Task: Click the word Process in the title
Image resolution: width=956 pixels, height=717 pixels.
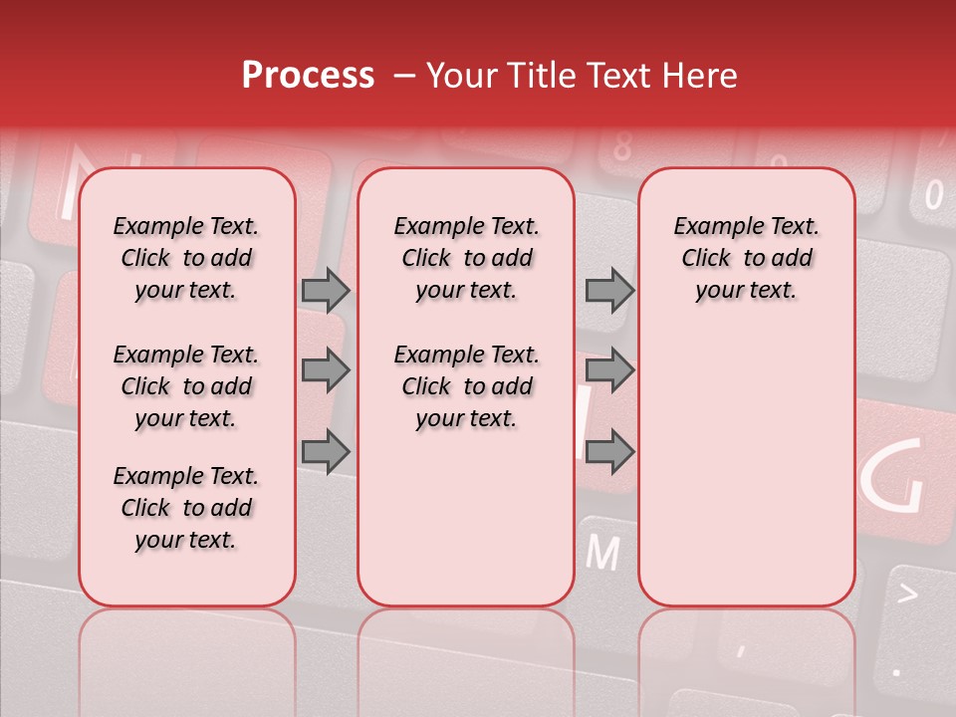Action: pos(307,76)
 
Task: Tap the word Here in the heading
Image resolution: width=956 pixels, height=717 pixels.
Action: pos(699,76)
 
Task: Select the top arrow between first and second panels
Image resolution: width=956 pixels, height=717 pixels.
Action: pos(326,291)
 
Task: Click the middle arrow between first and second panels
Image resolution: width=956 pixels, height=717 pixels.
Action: pos(326,371)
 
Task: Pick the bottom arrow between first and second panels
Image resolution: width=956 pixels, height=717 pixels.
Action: pos(326,451)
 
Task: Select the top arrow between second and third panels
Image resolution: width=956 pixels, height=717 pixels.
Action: pos(609,291)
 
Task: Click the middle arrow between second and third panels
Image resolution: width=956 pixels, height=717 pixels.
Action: pos(609,371)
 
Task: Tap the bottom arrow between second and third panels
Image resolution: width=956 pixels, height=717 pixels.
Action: pos(609,451)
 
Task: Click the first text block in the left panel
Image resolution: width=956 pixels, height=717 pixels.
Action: pos(186,258)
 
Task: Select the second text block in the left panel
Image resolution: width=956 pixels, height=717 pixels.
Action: pos(186,386)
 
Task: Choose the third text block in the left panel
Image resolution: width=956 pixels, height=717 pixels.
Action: pos(186,508)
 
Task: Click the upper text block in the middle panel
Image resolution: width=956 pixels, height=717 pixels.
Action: pos(466,258)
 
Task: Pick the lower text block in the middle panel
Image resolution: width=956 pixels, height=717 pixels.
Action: pos(466,386)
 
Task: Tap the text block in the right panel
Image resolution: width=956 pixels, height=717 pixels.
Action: pos(746,258)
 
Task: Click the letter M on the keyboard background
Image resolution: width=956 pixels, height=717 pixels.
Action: pos(602,552)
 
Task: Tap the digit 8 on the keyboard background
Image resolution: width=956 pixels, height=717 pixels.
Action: pos(622,148)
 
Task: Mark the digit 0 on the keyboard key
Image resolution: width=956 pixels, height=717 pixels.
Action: pos(933,194)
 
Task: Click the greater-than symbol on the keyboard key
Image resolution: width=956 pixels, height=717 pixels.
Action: pos(907,595)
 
